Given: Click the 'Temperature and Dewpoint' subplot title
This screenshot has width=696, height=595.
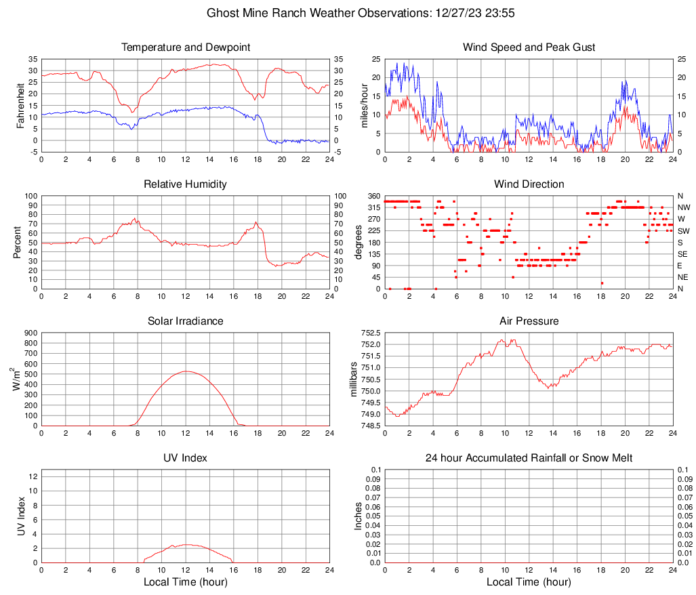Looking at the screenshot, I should [x=186, y=47].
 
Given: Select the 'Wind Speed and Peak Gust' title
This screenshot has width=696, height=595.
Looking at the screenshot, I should [x=529, y=47].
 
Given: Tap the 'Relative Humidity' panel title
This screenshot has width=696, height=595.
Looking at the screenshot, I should [x=186, y=184].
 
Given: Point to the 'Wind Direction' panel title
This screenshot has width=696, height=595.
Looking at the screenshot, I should [x=529, y=184].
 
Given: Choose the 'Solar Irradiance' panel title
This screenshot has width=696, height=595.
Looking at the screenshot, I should [x=186, y=321].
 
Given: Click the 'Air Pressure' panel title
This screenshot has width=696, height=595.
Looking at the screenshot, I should [x=529, y=321].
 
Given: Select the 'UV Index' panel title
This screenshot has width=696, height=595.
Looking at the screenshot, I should [x=186, y=458].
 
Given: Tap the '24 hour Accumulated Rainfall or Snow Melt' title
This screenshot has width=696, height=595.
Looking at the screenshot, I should [x=529, y=458].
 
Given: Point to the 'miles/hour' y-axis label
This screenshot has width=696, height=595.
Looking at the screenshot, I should [x=364, y=105].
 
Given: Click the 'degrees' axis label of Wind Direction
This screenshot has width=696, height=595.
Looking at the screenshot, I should [x=359, y=242].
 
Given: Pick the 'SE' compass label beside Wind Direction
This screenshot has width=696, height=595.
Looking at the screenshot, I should [x=683, y=254].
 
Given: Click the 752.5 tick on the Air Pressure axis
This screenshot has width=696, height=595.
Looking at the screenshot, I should [x=369, y=333].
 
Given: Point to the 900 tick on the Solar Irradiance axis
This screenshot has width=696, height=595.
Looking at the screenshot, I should [x=30, y=333].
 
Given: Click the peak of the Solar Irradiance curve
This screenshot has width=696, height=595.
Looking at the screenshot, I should [x=186, y=371].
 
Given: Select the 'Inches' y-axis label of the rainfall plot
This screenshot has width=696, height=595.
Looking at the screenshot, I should [x=359, y=516].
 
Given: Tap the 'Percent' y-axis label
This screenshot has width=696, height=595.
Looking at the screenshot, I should [x=17, y=242].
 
